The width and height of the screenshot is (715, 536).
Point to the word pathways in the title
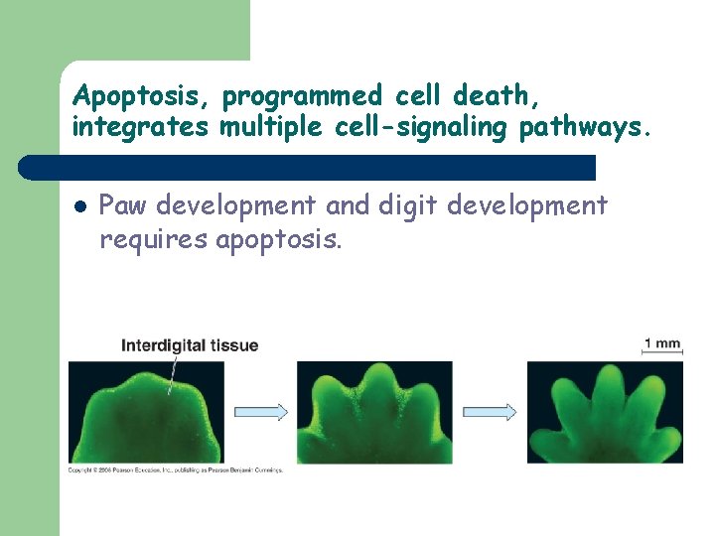[582, 128]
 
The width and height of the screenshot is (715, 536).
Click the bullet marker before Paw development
[78, 207]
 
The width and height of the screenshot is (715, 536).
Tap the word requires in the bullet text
[152, 239]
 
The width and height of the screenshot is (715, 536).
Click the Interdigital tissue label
[189, 345]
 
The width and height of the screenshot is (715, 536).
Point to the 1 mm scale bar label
[662, 344]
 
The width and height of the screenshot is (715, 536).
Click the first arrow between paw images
[260, 411]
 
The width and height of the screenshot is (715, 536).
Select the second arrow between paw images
[490, 411]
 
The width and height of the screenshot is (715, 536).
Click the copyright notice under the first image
[175, 469]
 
